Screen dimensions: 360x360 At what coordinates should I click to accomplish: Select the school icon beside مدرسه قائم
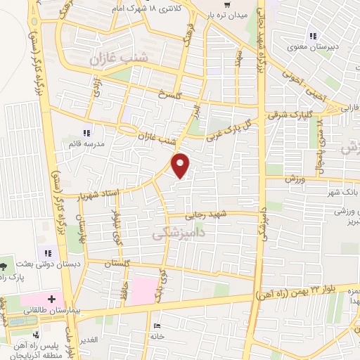87,132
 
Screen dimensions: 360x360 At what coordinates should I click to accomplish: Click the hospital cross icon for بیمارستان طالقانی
51,299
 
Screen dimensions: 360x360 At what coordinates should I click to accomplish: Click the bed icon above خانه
156,325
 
